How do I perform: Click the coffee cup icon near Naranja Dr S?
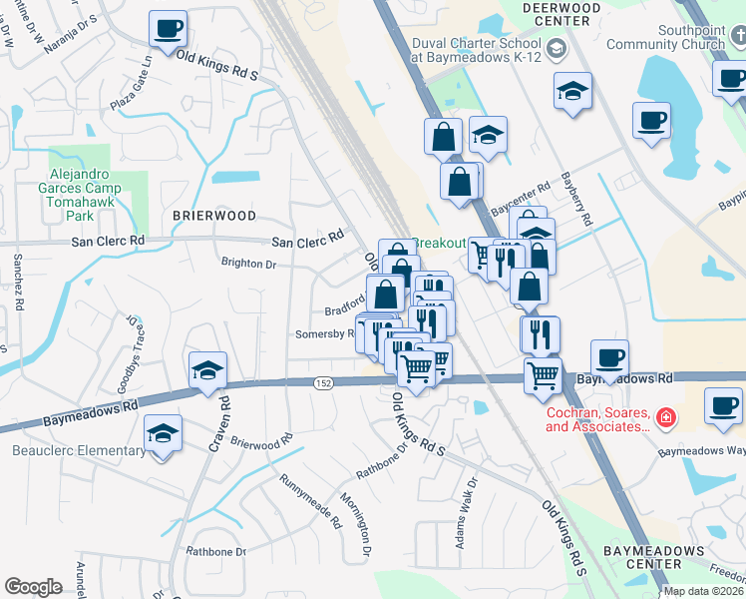coord(168,27)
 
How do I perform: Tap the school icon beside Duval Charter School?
coord(556,48)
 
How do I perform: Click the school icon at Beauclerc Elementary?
coord(163,434)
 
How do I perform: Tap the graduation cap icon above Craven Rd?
coord(207,370)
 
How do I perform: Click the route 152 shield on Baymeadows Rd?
coord(325,383)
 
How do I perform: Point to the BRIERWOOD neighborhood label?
coord(213,216)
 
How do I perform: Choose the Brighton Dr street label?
coord(248,264)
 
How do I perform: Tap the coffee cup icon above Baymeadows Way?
coord(722,406)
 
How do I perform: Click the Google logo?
coord(33,587)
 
